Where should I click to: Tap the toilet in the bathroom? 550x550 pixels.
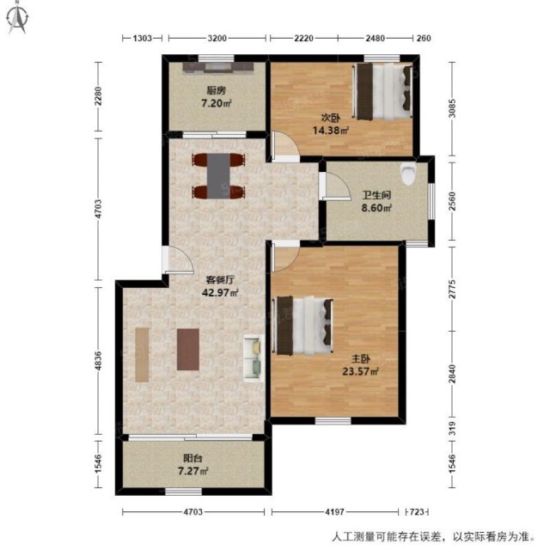click(408, 174)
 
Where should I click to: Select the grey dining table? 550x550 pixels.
click(218, 176)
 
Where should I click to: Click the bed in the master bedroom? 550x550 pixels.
click(302, 326)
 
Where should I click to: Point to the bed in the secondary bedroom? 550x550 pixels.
click(382, 91)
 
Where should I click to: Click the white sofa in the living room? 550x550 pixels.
click(254, 357)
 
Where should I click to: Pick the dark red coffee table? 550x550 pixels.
click(188, 350)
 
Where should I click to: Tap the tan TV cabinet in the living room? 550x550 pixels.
click(142, 355)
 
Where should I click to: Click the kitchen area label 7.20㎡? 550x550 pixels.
click(216, 103)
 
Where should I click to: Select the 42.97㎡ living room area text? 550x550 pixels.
click(220, 292)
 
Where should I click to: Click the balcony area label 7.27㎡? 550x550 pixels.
click(193, 471)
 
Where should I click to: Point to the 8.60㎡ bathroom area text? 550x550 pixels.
click(376, 208)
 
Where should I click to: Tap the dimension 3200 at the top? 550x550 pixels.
click(217, 38)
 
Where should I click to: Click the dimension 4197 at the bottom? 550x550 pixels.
click(334, 512)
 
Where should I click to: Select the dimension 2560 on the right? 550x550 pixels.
click(453, 201)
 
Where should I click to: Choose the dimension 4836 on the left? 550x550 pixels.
click(99, 361)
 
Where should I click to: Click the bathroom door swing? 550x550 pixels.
click(336, 186)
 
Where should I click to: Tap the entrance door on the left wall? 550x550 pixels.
click(178, 260)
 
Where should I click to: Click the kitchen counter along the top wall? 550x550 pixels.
click(217, 68)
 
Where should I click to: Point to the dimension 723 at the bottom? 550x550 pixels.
click(417, 512)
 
